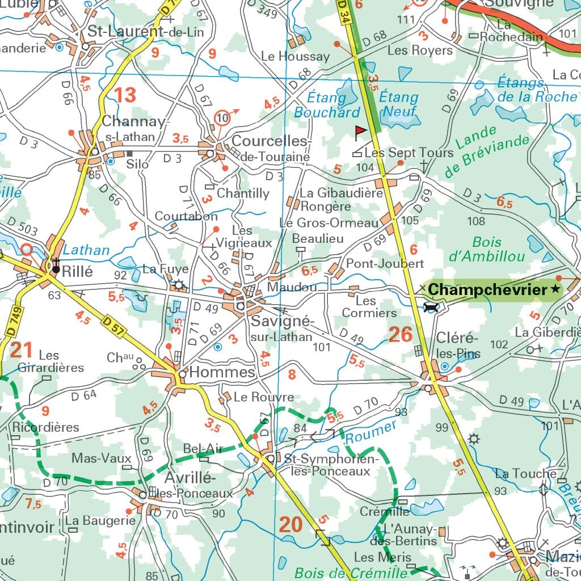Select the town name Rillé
pos(77,271)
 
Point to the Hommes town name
pos(222,372)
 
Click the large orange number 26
pos(400,335)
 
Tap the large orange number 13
pos(125,95)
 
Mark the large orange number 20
pos(290,525)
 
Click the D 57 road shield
pos(113,322)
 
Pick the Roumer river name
pos(371,432)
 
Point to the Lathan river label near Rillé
pos(86,250)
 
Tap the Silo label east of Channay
pos(137,164)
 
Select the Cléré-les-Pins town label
pos(458,346)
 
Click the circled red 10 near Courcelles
pos(222,119)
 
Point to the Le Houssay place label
pos(295,56)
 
